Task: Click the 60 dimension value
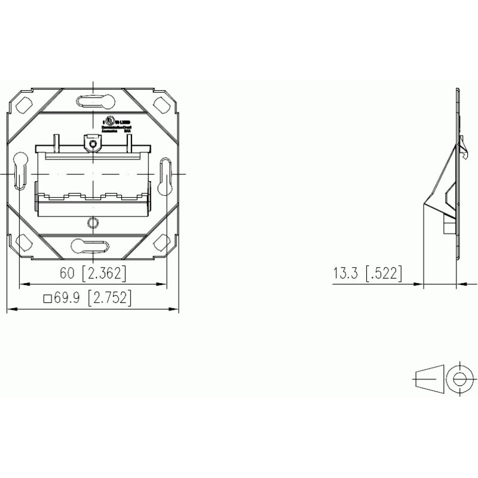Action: coord(66,274)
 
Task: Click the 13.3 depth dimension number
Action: coord(345,274)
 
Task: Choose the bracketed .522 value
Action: coord(382,274)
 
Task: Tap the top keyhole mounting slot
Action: coord(93,100)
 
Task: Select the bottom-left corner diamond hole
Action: coord(24,243)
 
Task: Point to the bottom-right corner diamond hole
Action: coord(161,243)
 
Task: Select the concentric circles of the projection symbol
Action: coord(459,378)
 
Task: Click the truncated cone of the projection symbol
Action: coord(430,378)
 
